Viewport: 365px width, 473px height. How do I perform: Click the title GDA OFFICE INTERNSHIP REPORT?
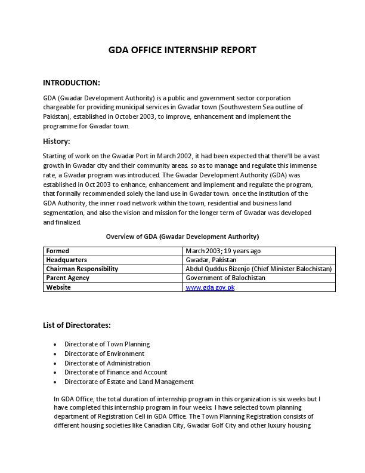pyautogui.click(x=182, y=50)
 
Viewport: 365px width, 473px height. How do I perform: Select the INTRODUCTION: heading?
pyautogui.click(x=72, y=82)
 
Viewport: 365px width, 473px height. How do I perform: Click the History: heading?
pyautogui.click(x=57, y=142)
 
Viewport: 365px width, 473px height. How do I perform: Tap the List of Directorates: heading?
pyautogui.click(x=76, y=325)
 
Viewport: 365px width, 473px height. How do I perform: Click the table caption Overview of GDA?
pyautogui.click(x=182, y=236)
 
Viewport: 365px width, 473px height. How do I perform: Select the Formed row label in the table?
pyautogui.click(x=58, y=251)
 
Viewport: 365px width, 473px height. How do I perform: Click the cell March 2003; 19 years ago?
pyautogui.click(x=223, y=251)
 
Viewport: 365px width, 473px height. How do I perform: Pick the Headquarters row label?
pyautogui.click(x=67, y=260)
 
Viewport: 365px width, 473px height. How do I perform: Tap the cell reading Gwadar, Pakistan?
pyautogui.click(x=211, y=260)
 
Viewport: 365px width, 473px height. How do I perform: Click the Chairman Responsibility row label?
pyautogui.click(x=82, y=269)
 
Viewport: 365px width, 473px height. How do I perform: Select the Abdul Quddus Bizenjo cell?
pyautogui.click(x=258, y=269)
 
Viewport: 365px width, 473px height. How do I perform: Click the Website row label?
pyautogui.click(x=58, y=287)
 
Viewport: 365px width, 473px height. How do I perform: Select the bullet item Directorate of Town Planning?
pyautogui.click(x=107, y=344)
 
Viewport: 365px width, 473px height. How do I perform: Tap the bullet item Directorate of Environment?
pyautogui.click(x=104, y=354)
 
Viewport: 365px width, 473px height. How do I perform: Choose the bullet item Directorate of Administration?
pyautogui.click(x=107, y=363)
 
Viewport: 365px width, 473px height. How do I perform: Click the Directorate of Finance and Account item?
pyautogui.click(x=116, y=372)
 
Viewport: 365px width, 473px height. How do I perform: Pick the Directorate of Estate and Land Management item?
pyautogui.click(x=129, y=382)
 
